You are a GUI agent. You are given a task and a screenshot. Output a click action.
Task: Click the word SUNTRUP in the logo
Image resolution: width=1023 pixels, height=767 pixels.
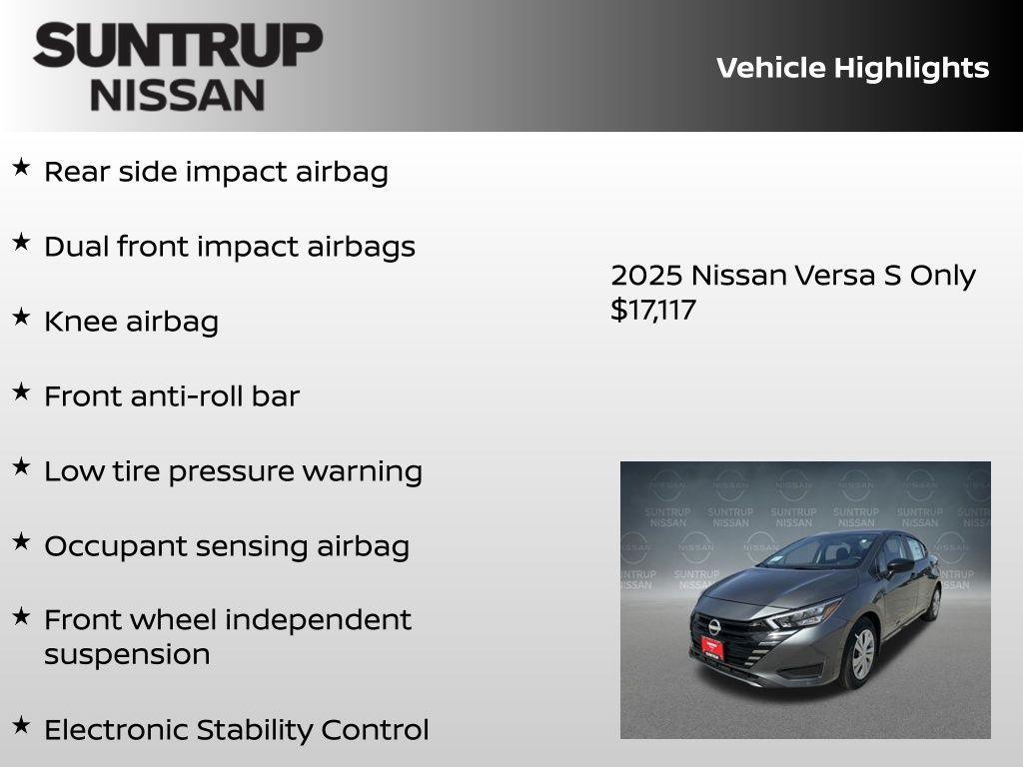pyautogui.click(x=178, y=46)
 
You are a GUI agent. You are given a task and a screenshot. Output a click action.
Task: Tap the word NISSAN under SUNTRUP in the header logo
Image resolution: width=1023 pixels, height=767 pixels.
pyautogui.click(x=178, y=95)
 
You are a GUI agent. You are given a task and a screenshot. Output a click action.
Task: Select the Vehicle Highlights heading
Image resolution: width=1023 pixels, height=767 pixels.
pyautogui.click(x=852, y=68)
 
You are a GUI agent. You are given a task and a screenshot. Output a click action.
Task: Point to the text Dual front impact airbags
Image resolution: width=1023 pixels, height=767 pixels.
pyautogui.click(x=229, y=247)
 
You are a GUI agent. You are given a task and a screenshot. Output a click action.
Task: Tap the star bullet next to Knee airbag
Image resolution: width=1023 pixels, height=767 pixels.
pyautogui.click(x=21, y=317)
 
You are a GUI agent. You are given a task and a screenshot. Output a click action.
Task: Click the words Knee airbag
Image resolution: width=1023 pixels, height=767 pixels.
pyautogui.click(x=131, y=322)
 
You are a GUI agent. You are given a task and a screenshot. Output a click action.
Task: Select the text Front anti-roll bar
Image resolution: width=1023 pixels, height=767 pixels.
pyautogui.click(x=171, y=396)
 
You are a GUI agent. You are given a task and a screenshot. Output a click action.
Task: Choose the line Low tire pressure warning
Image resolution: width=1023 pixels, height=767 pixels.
pyautogui.click(x=233, y=471)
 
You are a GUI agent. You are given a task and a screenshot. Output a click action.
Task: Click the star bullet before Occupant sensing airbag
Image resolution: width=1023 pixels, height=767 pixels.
pyautogui.click(x=21, y=541)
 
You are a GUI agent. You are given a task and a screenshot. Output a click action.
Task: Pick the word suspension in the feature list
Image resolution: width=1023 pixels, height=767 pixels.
pyautogui.click(x=127, y=655)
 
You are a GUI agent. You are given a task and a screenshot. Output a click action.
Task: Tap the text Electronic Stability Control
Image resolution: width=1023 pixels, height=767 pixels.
pyautogui.click(x=236, y=730)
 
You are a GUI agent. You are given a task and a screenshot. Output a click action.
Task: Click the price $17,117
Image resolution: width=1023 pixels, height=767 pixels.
pyautogui.click(x=653, y=310)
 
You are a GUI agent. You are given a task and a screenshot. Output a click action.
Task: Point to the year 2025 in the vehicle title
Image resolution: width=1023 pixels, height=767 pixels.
pyautogui.click(x=646, y=276)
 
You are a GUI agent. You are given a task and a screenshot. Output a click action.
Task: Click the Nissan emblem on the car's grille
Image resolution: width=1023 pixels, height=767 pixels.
pyautogui.click(x=713, y=625)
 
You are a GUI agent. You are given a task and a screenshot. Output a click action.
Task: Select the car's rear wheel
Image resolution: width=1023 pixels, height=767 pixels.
pyautogui.click(x=933, y=602)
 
